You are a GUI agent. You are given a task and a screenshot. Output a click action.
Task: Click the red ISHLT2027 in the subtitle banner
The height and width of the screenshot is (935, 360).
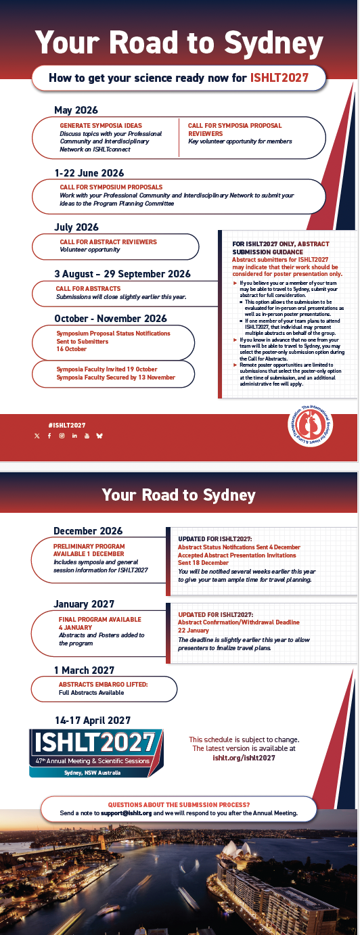click(279, 78)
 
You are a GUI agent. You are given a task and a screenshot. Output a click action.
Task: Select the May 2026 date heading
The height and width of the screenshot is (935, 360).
click(76, 110)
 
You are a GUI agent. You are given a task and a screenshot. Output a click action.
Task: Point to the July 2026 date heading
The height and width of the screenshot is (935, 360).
click(76, 227)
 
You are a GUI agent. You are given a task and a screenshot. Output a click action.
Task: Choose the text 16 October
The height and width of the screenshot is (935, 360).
click(72, 349)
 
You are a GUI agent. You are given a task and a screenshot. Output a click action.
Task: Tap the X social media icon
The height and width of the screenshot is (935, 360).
click(37, 436)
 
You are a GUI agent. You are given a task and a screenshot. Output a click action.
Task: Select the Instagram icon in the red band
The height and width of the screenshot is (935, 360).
click(62, 436)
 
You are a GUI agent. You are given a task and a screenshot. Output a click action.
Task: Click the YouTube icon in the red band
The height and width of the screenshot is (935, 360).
click(87, 436)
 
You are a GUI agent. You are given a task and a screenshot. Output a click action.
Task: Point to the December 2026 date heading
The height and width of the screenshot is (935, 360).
click(88, 531)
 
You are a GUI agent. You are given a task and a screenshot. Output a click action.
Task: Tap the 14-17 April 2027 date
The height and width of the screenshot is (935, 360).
click(93, 721)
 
